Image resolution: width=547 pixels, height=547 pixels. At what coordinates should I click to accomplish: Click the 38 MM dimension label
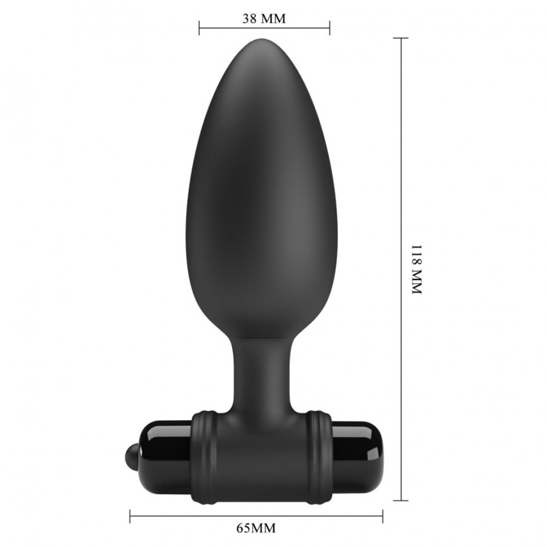coord(264,19)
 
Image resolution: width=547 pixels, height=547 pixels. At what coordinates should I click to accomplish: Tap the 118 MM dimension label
coord(416,269)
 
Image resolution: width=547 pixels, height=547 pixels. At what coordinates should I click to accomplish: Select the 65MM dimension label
coord(256,528)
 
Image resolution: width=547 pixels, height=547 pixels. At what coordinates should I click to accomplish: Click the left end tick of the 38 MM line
coord(199,28)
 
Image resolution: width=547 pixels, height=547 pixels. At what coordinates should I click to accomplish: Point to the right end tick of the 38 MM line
coord(329,28)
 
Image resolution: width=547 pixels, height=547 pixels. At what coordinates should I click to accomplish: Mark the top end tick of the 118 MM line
coord(402,38)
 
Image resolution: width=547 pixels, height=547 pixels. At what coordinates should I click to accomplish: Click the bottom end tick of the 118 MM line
coord(402,501)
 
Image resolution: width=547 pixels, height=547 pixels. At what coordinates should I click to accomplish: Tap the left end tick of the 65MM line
coord(130,516)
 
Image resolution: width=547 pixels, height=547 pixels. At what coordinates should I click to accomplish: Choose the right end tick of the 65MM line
coord(383,516)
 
